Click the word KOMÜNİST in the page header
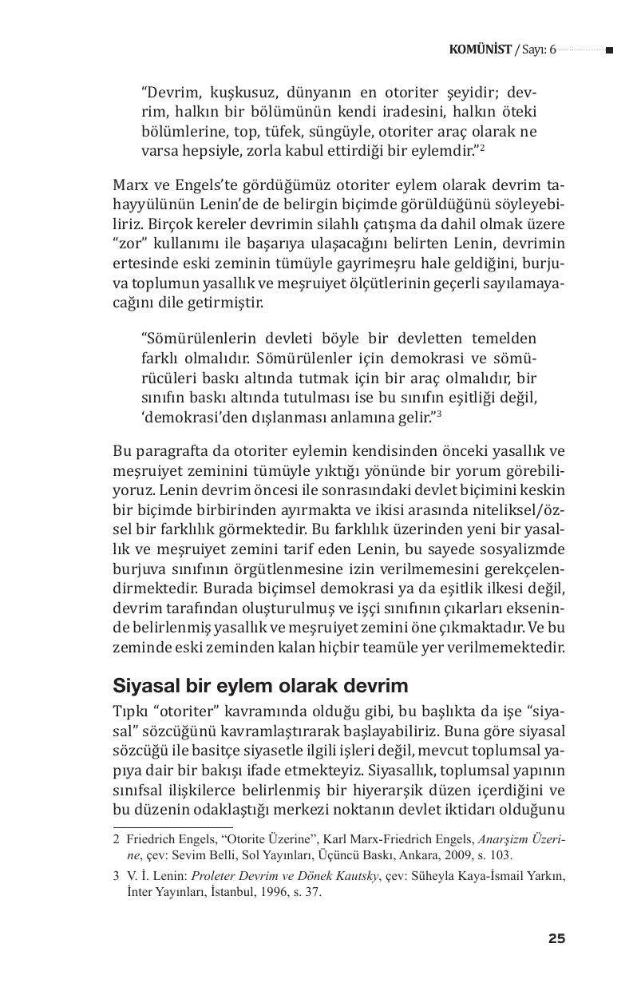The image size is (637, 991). [480, 50]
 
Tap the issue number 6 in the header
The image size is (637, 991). [552, 50]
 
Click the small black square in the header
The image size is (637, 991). [609, 50]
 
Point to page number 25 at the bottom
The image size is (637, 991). [556, 938]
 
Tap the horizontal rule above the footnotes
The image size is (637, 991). [172, 827]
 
